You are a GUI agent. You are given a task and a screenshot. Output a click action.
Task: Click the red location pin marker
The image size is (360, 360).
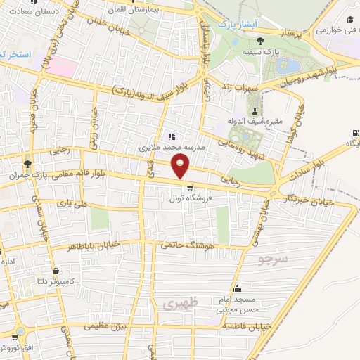coord(181,167)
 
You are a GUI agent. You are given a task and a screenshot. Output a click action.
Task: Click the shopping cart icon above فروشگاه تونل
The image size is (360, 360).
coord(189,188)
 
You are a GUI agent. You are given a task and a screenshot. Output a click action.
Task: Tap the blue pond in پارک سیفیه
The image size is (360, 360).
coord(289,67)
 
